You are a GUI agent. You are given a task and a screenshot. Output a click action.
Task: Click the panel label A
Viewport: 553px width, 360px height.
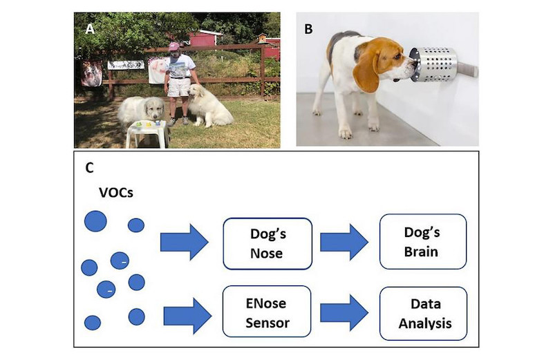pyautogui.click(x=90, y=29)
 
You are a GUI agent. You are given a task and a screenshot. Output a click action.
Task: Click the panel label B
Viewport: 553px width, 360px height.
pyautogui.click(x=308, y=29)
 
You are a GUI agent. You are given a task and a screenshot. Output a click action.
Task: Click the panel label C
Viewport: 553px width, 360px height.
pyautogui.click(x=90, y=168)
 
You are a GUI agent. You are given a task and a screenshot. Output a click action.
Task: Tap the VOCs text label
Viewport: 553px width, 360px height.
pyautogui.click(x=116, y=193)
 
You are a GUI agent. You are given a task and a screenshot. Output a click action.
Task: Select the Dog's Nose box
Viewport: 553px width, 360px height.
pyautogui.click(x=268, y=244)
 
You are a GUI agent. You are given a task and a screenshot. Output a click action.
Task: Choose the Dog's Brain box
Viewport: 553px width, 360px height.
pyautogui.click(x=423, y=242)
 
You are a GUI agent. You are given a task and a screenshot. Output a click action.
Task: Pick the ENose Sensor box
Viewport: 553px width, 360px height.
pyautogui.click(x=267, y=312)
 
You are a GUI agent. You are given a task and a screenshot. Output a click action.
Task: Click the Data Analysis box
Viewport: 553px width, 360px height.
pyautogui.click(x=423, y=314)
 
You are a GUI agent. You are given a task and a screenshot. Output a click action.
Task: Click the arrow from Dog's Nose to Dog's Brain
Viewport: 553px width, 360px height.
pyautogui.click(x=344, y=242)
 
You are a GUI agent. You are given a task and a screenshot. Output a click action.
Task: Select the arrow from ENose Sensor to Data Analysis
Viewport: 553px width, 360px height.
pyautogui.click(x=344, y=313)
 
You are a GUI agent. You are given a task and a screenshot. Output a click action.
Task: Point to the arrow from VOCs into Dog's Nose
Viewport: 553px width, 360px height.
pyautogui.click(x=185, y=243)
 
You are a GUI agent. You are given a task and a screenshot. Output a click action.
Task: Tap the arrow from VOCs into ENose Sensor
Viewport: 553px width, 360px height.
pyautogui.click(x=187, y=316)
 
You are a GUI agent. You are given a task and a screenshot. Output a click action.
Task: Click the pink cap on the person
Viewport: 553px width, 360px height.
pyautogui.click(x=174, y=46)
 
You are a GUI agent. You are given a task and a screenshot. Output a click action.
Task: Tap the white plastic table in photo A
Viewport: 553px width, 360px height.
pyautogui.click(x=147, y=133)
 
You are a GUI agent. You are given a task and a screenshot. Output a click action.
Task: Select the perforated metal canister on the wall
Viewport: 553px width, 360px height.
pyautogui.click(x=434, y=64)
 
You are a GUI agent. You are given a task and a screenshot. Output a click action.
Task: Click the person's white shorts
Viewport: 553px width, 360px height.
pyautogui.click(x=178, y=87)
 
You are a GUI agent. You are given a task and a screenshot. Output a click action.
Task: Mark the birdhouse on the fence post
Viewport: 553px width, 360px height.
pyautogui.click(x=263, y=37)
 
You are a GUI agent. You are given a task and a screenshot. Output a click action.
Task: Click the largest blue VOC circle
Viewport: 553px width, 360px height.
pyautogui.click(x=95, y=221)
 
